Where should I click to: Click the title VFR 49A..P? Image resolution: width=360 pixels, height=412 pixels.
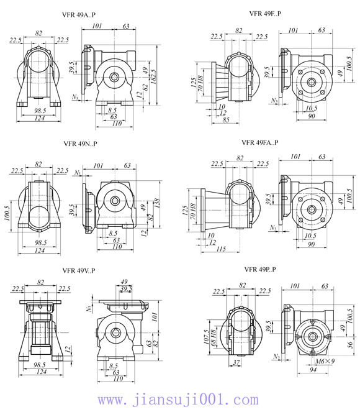[x=79, y=14]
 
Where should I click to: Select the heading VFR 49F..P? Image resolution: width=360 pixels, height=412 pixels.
[x=265, y=14]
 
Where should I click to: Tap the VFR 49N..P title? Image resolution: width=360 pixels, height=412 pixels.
[x=80, y=144]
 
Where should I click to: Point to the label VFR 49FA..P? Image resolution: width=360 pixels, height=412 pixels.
[x=260, y=142]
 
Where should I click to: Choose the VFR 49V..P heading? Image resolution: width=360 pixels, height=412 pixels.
[x=79, y=270]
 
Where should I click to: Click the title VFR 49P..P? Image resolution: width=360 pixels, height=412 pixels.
[x=260, y=269]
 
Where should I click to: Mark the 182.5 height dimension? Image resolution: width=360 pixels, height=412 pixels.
[x=153, y=76]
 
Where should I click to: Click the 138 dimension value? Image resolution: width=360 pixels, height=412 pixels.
[x=156, y=203]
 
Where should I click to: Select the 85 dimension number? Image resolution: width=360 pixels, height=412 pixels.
[x=226, y=120]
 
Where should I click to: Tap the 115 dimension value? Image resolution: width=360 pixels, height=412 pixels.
[x=221, y=249]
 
